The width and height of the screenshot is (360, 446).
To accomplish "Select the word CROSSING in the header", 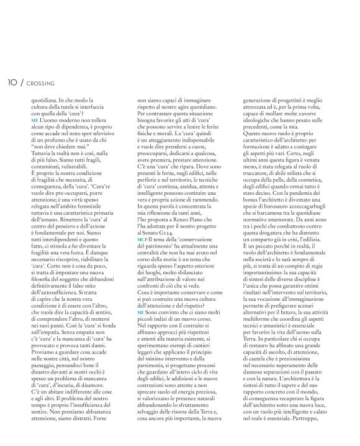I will (x=41, y=83).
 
